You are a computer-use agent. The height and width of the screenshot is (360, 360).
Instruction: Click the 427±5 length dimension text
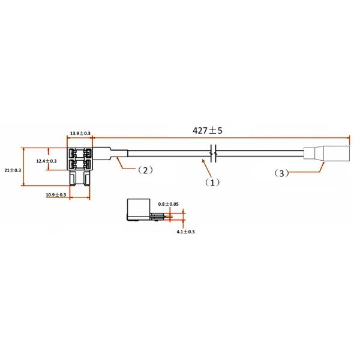(208, 131)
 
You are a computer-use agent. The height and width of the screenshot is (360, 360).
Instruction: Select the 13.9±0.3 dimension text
(80, 133)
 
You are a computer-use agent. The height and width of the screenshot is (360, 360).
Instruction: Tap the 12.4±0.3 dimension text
(46, 161)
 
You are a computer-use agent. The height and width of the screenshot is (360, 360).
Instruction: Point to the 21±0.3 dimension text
(13, 170)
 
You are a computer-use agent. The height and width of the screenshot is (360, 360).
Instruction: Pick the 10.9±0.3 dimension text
(56, 195)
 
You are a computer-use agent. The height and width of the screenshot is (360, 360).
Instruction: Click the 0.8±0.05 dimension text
(168, 204)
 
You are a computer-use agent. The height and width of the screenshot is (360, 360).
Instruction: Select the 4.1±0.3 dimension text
(185, 232)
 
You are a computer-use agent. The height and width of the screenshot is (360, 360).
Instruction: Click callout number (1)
(212, 182)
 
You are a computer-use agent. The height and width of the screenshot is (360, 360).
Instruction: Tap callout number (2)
(145, 170)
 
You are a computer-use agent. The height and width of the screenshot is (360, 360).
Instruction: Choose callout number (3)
(281, 173)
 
